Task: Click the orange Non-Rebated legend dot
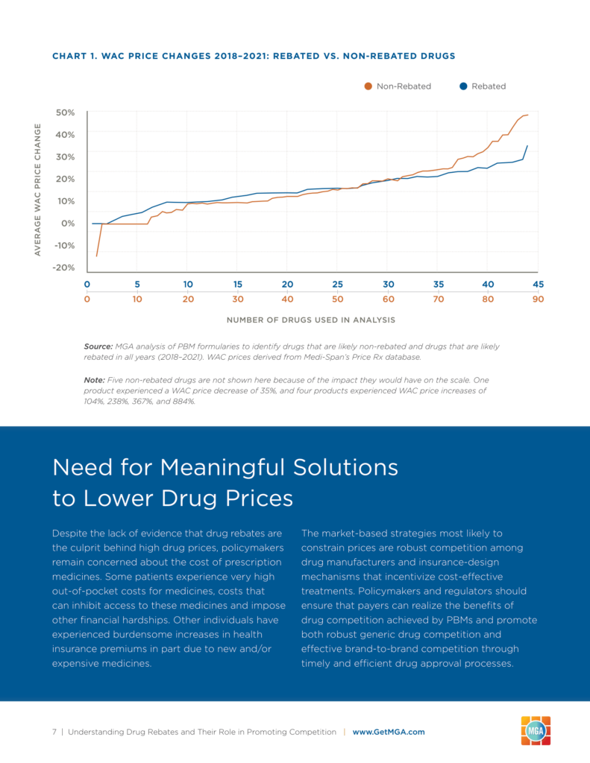(x=368, y=86)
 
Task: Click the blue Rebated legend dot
(x=463, y=86)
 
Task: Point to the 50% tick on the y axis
(x=66, y=113)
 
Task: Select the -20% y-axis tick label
(x=64, y=267)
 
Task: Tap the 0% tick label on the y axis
(x=68, y=223)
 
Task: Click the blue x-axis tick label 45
(x=538, y=284)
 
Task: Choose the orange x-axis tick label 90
(x=538, y=299)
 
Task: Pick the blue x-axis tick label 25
(x=337, y=284)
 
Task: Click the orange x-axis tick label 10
(x=137, y=299)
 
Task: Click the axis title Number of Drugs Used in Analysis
(x=311, y=320)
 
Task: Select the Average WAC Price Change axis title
(x=37, y=189)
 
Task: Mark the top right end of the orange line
(x=527, y=115)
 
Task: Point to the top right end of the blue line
(x=527, y=145)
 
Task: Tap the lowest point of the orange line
(x=96, y=256)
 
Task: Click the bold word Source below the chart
(x=98, y=346)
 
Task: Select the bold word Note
(x=94, y=380)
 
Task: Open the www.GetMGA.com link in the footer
(x=389, y=732)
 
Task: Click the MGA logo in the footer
(x=536, y=731)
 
